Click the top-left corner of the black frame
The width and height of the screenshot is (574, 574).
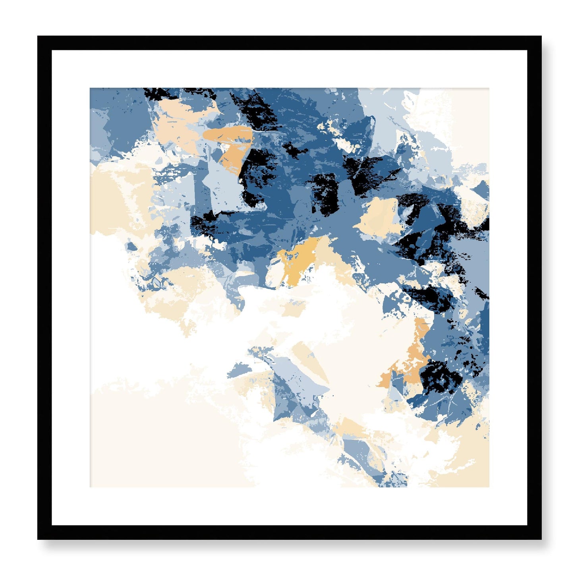coord(38,37)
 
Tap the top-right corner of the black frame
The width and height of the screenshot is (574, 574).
coord(541,37)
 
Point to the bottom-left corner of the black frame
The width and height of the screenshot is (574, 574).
coord(38,539)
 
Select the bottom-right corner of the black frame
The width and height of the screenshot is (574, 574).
coord(541,539)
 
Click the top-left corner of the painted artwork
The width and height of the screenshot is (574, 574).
coord(90,89)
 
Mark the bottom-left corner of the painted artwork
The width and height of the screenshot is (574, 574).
coord(90,487)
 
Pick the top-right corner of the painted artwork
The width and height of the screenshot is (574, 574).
coord(489,89)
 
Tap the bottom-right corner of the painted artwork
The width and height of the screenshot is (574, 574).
coord(489,487)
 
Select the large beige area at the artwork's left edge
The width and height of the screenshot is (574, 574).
coord(115,199)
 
